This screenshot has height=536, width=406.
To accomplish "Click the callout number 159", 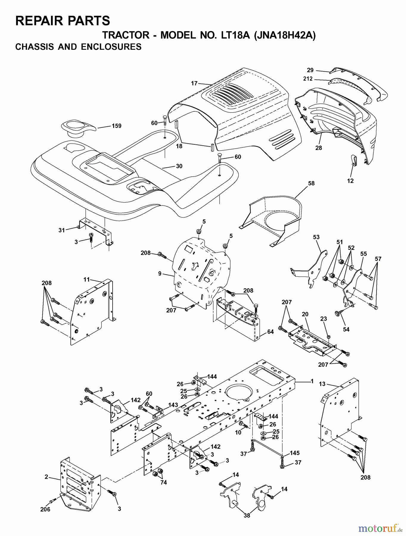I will pos(116,126).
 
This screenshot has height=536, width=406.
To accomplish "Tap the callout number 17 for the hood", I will pos(194,83).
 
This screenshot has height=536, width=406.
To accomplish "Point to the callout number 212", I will pos(308,79).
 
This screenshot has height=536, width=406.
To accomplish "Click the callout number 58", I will pos(311,183).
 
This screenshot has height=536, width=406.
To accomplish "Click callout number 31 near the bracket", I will pos(62,230).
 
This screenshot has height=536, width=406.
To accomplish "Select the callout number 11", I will pos(86,279).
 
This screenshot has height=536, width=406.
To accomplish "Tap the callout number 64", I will pos(270,332).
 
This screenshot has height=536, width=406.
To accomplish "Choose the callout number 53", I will pos(316,237).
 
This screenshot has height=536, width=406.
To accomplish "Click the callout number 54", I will pos(346,329).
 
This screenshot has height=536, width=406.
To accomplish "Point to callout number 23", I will pos(324,319).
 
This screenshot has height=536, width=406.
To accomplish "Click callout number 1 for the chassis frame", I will pos(312,381).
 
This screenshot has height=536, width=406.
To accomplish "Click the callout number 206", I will pos(46,509).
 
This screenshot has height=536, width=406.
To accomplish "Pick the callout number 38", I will pos(247,515).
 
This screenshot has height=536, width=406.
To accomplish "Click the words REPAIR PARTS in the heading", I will pos(63,21).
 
